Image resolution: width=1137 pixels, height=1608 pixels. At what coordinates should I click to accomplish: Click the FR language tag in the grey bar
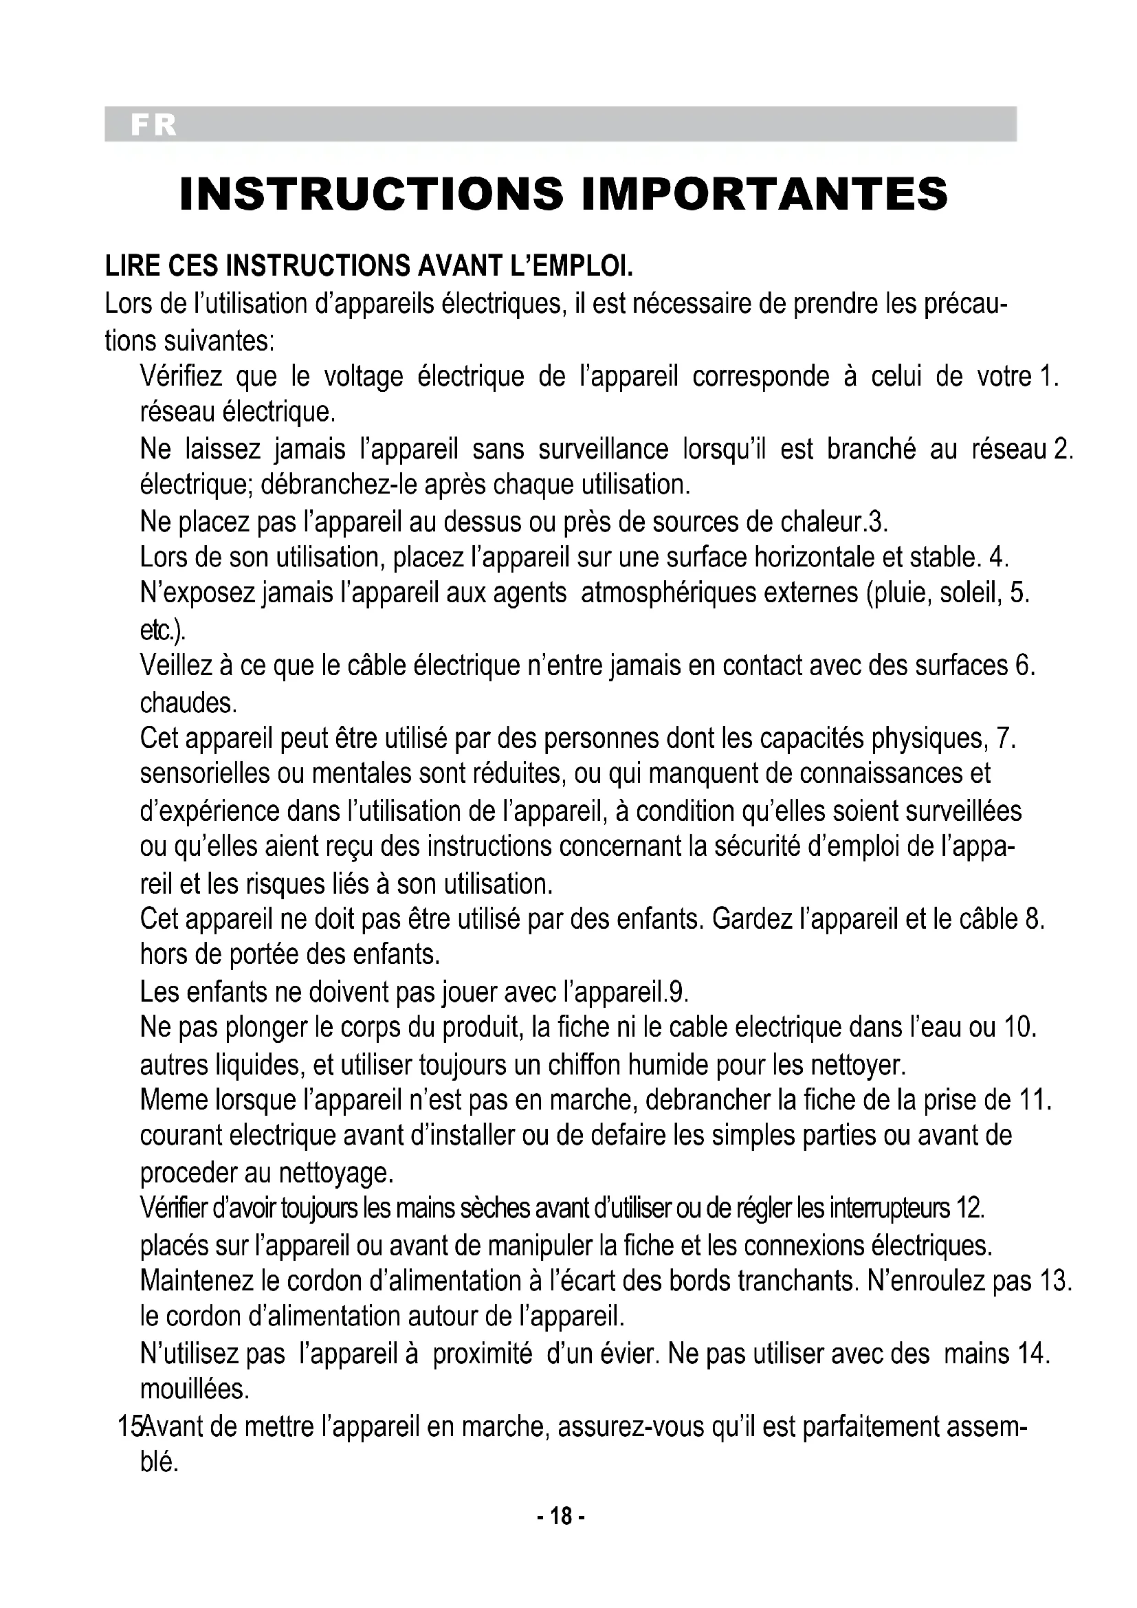[153, 125]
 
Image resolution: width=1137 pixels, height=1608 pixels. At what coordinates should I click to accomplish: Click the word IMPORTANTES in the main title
[764, 194]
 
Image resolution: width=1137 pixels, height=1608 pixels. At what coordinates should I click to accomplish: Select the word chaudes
[188, 703]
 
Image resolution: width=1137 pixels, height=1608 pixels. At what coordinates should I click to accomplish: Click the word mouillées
[195, 1389]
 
